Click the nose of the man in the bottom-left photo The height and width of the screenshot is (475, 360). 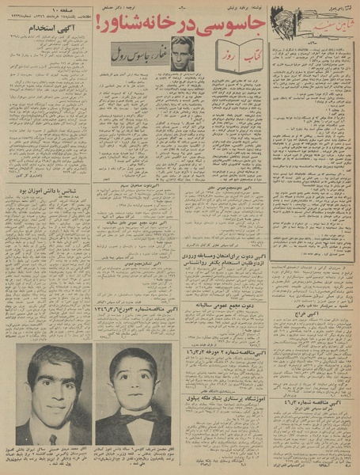point(54,393)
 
